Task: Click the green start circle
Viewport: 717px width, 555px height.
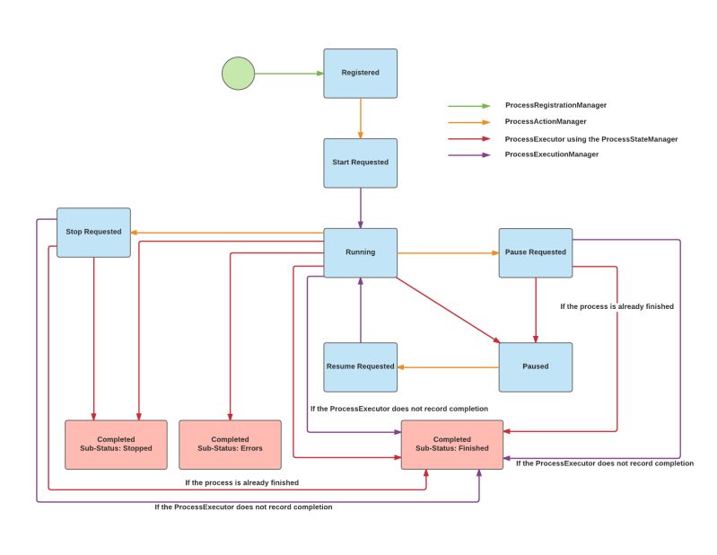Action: tap(238, 74)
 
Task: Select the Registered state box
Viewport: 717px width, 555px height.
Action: tap(360, 73)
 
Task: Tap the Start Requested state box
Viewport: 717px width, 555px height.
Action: tap(360, 163)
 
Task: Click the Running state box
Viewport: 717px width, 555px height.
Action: tap(360, 252)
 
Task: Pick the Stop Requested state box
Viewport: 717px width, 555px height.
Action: tap(93, 232)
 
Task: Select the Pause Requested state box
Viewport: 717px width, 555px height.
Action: tap(535, 252)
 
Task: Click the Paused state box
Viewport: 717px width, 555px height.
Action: tap(535, 366)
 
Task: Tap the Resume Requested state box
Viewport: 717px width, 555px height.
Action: tap(360, 366)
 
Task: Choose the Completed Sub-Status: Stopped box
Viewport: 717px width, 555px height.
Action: tap(116, 444)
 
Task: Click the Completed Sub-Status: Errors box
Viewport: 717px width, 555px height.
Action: tap(230, 444)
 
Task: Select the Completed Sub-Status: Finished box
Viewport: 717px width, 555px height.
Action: tap(451, 444)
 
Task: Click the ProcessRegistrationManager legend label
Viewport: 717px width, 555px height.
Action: tap(555, 105)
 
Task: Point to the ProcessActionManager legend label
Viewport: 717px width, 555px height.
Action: tap(546, 121)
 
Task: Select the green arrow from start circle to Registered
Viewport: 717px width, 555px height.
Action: tap(289, 74)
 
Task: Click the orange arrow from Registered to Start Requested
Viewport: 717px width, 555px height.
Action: tap(360, 118)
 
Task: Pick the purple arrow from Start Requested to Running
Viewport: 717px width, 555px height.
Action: tap(360, 207)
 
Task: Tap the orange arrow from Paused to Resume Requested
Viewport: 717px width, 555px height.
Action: tap(448, 366)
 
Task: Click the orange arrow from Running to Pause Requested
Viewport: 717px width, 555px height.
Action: tap(448, 253)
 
